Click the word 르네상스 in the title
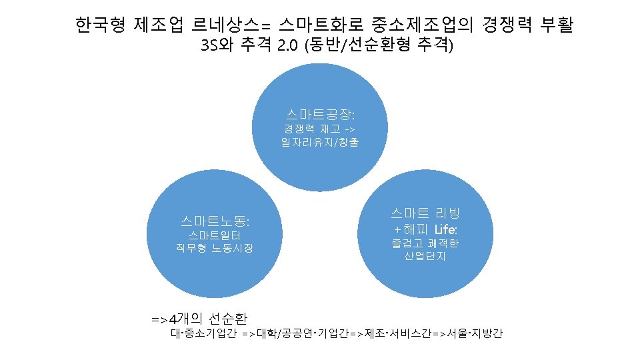(221, 26)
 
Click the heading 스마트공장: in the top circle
(320, 115)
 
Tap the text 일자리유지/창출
(320, 142)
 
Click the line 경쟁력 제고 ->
(320, 129)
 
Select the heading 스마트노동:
(215, 219)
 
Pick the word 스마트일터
(215, 235)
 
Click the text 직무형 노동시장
(215, 249)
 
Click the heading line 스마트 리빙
(425, 213)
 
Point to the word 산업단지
(425, 256)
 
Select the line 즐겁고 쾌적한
(425, 243)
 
